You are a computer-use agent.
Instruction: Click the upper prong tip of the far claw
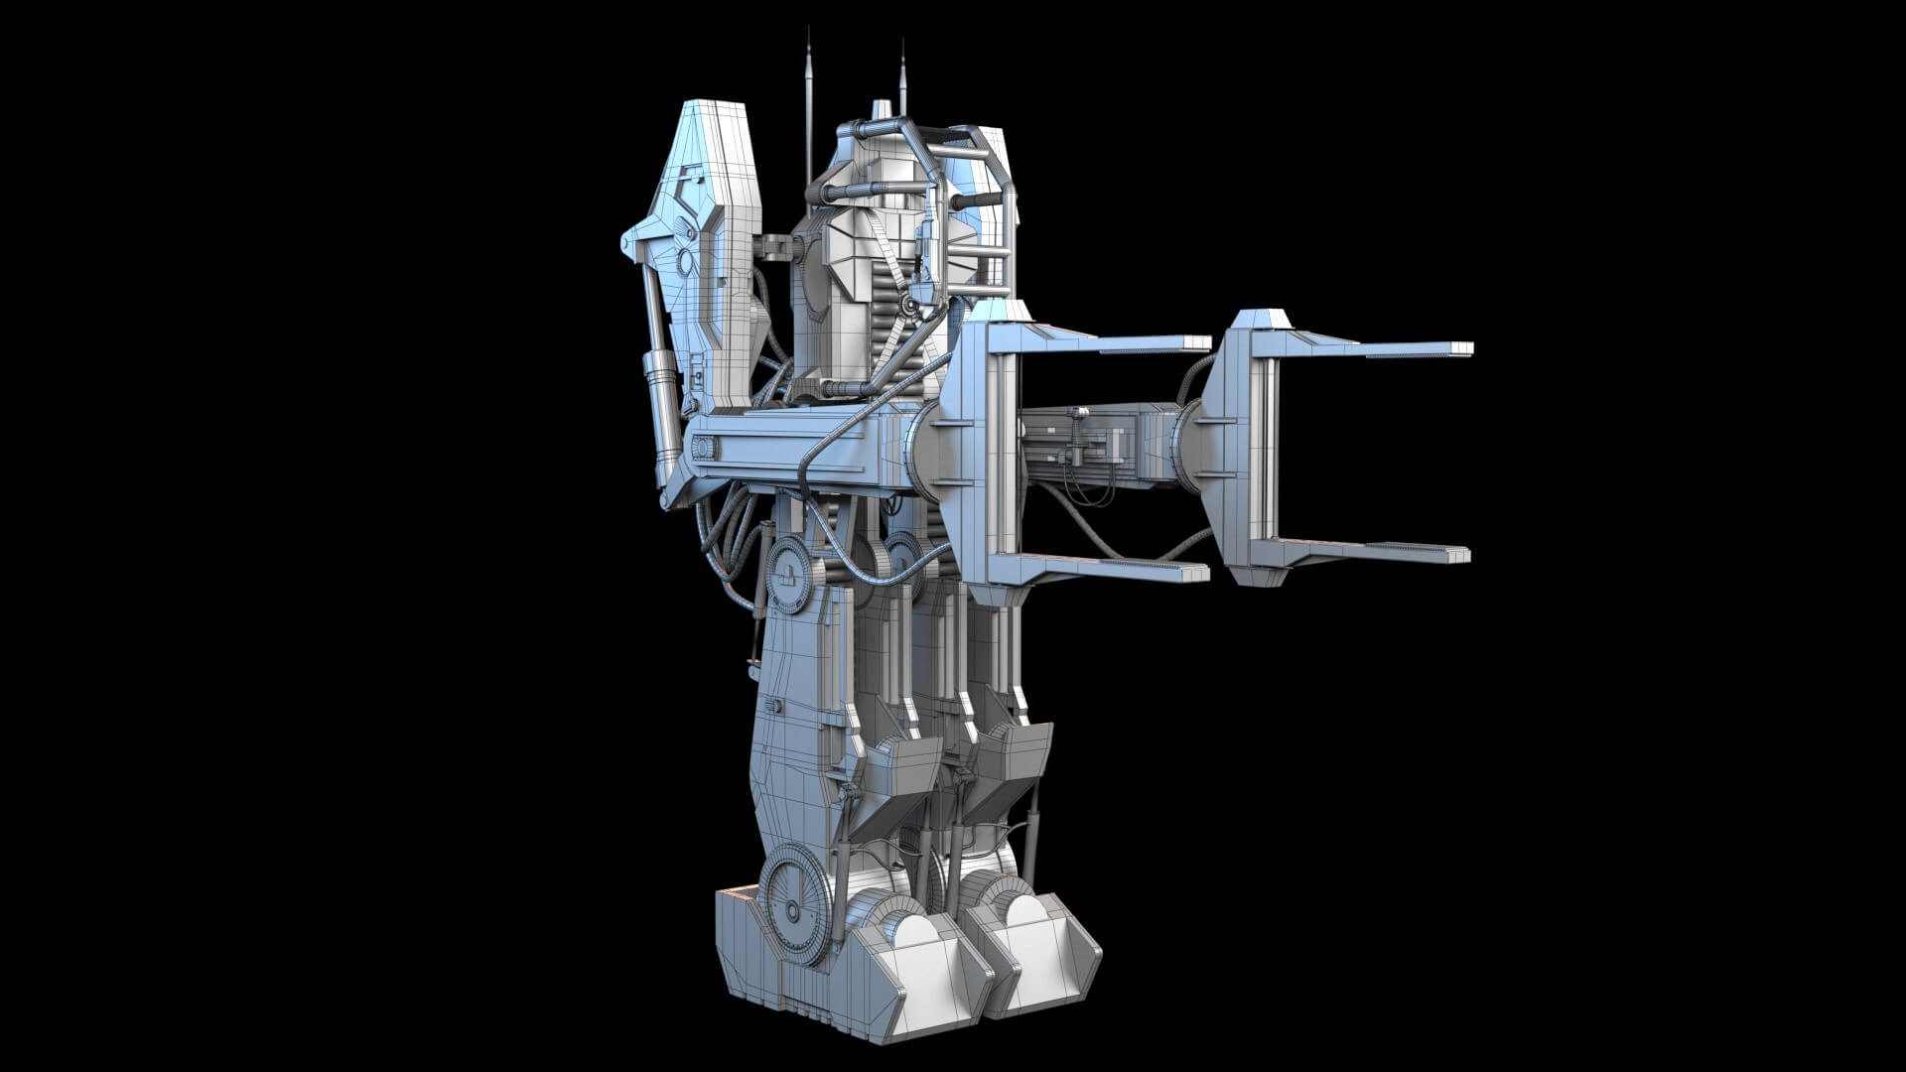1461,348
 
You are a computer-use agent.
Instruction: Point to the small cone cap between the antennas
878,108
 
